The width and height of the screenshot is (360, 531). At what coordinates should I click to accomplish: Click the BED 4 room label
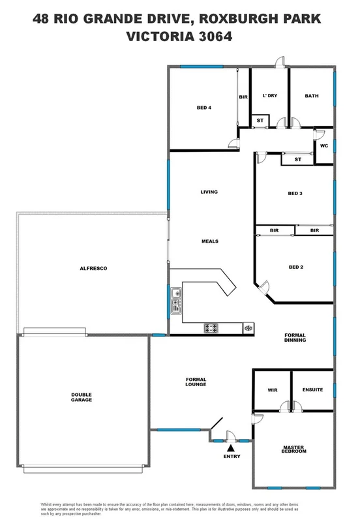point(204,108)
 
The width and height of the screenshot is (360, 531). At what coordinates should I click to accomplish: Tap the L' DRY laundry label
point(270,96)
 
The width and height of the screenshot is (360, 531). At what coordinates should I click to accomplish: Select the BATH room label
point(312,96)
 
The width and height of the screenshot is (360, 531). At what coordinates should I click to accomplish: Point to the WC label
point(323,145)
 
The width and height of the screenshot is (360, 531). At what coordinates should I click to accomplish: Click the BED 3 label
point(295,194)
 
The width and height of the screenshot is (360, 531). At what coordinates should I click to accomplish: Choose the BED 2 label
point(295,267)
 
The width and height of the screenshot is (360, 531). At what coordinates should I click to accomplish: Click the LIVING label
point(209,192)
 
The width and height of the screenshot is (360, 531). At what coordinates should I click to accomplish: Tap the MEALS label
point(209,241)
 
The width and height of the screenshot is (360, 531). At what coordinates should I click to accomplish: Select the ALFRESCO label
point(93,268)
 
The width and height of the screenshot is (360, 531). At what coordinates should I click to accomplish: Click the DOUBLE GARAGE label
point(82,397)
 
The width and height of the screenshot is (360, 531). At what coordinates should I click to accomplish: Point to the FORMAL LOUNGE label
point(196,382)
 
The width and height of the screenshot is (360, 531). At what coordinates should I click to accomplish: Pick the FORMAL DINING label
point(295,338)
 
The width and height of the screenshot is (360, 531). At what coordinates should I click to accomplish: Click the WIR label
point(273,390)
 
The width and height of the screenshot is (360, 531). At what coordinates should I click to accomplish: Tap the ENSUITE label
point(312,390)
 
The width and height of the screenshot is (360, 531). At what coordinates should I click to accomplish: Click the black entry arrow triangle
point(230,448)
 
